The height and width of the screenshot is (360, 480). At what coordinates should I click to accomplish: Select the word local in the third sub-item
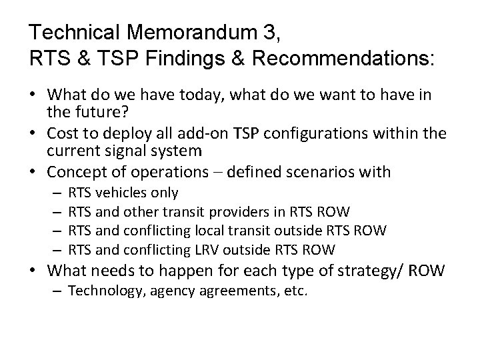pos(211,231)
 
